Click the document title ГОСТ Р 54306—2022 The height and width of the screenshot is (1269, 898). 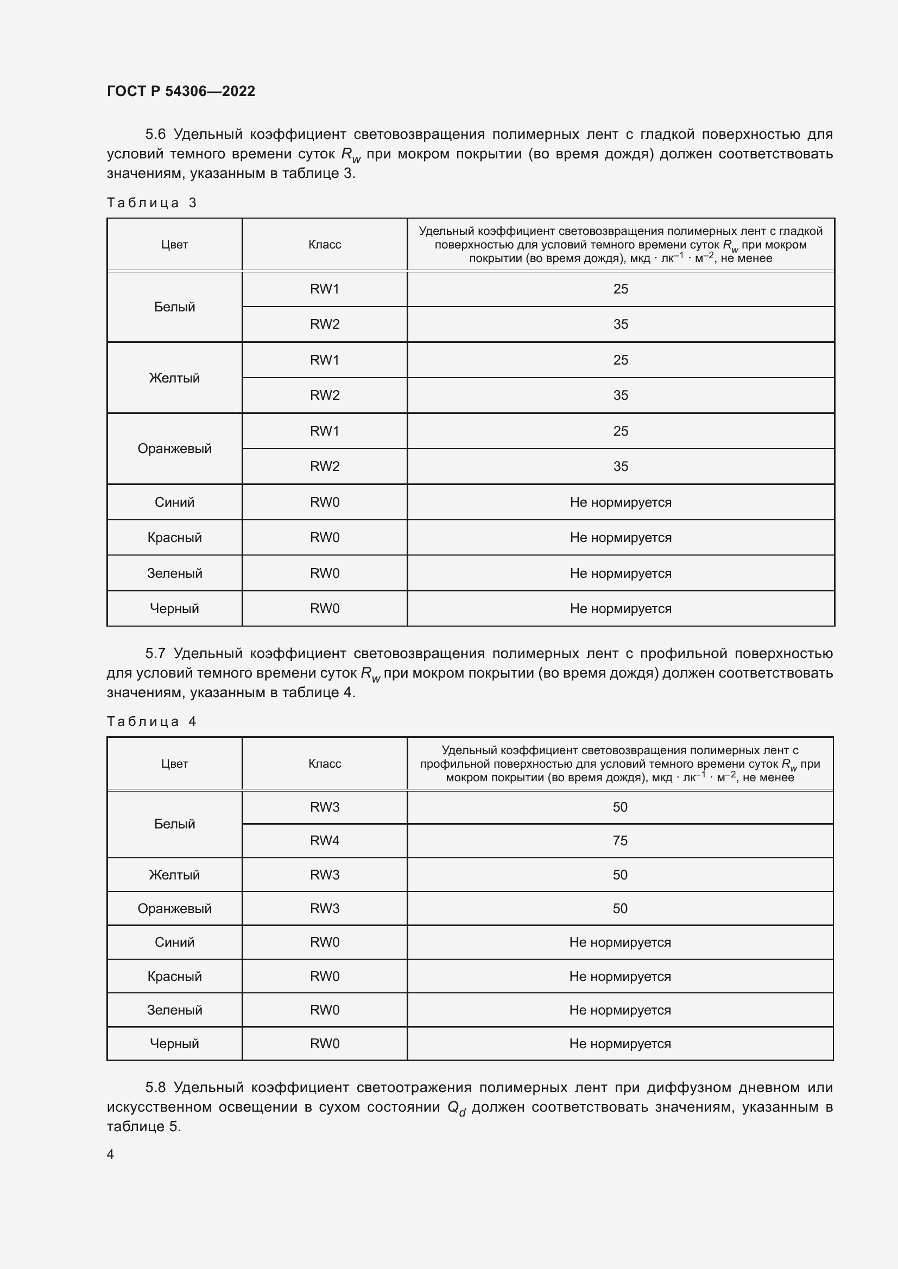[181, 91]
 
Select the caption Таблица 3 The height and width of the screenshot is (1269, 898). [151, 203]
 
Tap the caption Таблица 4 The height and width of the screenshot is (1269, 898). [151, 721]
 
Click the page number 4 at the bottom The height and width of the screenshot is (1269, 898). [110, 1154]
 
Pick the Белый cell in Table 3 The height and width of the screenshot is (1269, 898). [174, 307]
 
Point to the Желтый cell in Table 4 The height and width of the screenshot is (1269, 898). [174, 875]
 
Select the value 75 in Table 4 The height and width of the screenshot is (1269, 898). [620, 840]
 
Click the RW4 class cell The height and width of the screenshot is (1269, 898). [325, 840]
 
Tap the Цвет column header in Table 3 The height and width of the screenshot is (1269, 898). [174, 244]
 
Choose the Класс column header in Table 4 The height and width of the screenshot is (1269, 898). [325, 763]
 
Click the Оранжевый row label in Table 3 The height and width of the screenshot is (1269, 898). [174, 448]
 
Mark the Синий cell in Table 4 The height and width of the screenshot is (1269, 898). [174, 942]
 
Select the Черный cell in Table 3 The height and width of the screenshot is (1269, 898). [174, 609]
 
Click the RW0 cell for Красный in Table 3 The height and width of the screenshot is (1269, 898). [325, 537]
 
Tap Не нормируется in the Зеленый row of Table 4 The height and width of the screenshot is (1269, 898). [620, 1010]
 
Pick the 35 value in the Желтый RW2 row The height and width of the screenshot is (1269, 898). [621, 395]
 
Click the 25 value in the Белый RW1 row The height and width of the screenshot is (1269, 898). [621, 289]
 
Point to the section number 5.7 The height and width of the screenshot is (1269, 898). [155, 653]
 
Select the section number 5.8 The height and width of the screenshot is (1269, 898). [155, 1087]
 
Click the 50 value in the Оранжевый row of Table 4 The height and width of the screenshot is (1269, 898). [620, 909]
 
